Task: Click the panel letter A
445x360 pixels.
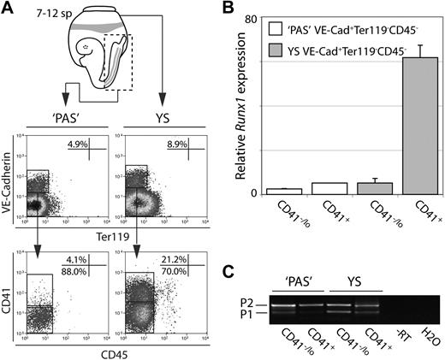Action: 9,9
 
